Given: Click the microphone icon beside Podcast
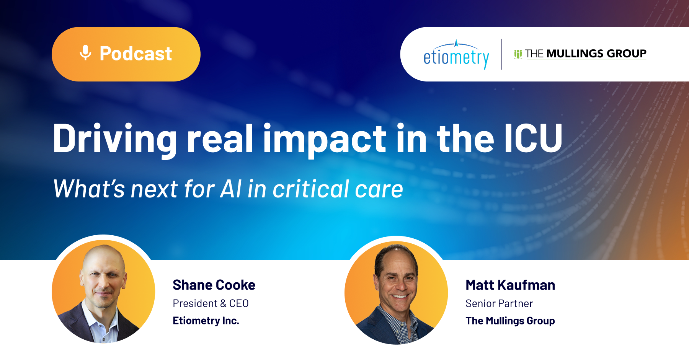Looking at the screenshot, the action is [85, 53].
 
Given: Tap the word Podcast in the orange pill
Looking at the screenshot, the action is [136, 54].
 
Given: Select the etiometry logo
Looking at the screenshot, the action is [456, 54].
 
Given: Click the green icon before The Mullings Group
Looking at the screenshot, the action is [518, 54].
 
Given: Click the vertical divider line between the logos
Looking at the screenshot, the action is [501, 54].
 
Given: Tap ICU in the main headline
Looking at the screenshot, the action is [533, 138].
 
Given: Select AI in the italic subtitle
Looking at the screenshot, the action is [231, 189].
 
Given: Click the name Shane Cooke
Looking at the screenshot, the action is [214, 285].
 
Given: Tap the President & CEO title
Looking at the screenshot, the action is [211, 303].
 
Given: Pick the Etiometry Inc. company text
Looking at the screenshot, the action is [206, 321].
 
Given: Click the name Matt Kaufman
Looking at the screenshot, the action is [510, 285].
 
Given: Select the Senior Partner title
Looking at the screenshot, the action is [499, 303].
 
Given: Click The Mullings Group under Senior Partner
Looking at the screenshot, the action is [510, 321].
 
